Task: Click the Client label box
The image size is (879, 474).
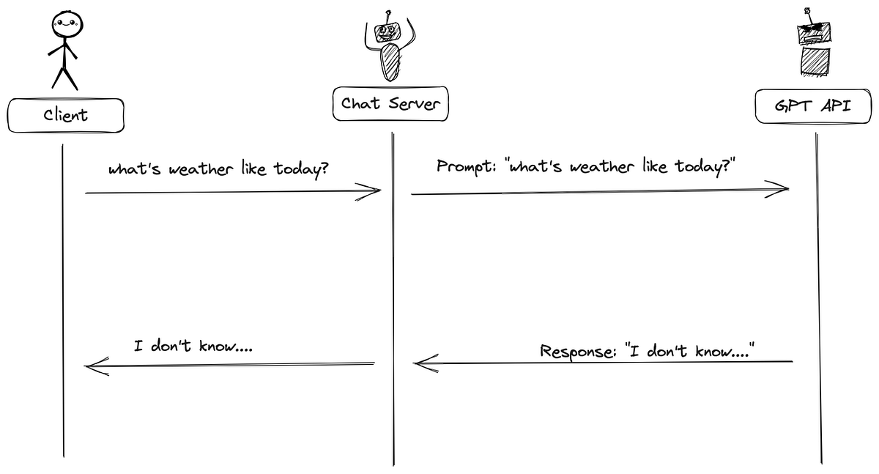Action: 66,116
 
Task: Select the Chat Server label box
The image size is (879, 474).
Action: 390,104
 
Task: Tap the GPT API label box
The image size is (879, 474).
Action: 814,107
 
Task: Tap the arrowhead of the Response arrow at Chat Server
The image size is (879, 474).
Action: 423,363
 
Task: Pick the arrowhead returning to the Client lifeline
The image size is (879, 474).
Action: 95,366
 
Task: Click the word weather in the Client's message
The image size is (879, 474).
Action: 191,169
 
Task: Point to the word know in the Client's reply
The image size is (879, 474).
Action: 220,346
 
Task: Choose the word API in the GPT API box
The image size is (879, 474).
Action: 834,107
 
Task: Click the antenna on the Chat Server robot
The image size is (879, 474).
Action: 389,15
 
